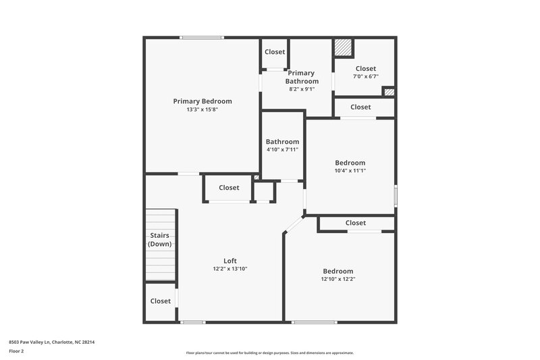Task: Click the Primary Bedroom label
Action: [x=202, y=101]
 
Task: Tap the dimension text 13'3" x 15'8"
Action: [x=202, y=109]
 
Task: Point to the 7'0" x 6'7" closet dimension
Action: [x=365, y=76]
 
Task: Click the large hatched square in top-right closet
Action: [x=344, y=47]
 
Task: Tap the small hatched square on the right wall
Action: [x=388, y=92]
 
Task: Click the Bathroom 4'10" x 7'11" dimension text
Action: [x=282, y=150]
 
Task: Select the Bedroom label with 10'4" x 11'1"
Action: [x=350, y=163]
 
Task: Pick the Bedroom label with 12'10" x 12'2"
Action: [x=337, y=271]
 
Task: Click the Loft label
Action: [x=230, y=261]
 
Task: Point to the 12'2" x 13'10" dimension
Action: [x=230, y=269]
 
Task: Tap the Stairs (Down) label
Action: [x=160, y=240]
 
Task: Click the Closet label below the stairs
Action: [x=161, y=301]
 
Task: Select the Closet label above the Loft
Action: [x=229, y=188]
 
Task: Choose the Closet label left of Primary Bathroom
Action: [x=275, y=52]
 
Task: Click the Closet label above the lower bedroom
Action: [x=356, y=223]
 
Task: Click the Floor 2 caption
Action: [x=16, y=351]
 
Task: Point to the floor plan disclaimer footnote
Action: [x=269, y=353]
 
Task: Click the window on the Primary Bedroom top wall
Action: [x=202, y=38]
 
